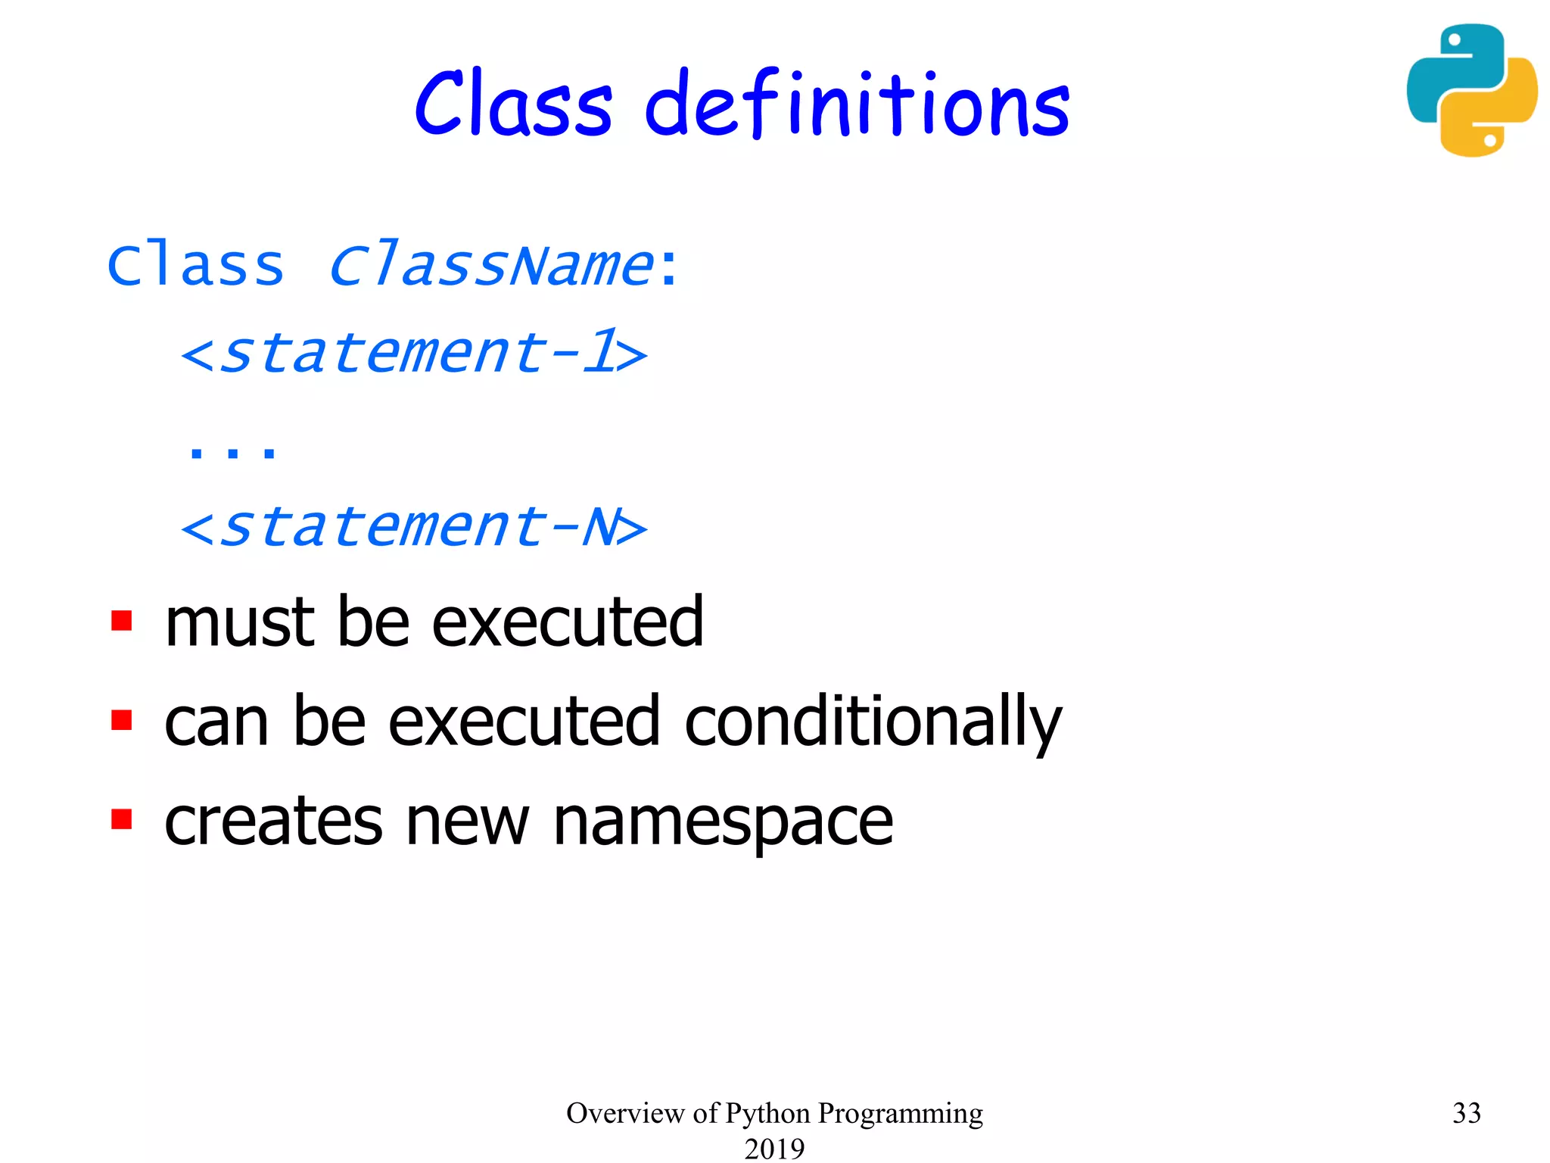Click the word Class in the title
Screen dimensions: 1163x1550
[513, 104]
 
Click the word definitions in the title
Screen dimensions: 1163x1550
[857, 105]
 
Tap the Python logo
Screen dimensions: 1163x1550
[1471, 90]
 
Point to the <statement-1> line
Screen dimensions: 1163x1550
[414, 353]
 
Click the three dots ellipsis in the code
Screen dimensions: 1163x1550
[232, 452]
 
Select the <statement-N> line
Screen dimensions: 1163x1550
[414, 527]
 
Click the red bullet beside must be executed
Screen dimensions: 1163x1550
[121, 621]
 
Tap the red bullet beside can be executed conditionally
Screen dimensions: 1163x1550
[121, 720]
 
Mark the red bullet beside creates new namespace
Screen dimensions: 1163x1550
[121, 819]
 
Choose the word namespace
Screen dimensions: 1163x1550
[723, 824]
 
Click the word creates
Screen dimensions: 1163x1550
[273, 822]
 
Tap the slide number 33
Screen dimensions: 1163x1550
[1466, 1113]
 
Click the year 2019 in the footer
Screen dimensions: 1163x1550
[774, 1149]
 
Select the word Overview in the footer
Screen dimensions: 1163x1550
[625, 1113]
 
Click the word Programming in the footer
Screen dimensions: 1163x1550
[901, 1114]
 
